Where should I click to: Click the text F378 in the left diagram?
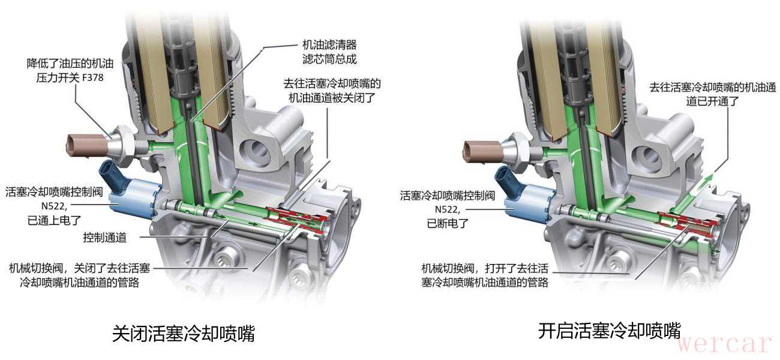pyautogui.click(x=92, y=77)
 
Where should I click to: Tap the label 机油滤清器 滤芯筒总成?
pyautogui.click(x=329, y=52)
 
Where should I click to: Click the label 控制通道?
pyautogui.click(x=104, y=238)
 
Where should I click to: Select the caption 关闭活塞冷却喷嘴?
pyautogui.click(x=184, y=333)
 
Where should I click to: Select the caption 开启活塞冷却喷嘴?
pyautogui.click(x=610, y=331)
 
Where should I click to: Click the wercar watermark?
pyautogui.click(x=724, y=344)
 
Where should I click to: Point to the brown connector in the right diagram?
pyautogui.click(x=483, y=151)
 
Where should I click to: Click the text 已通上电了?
pyautogui.click(x=55, y=220)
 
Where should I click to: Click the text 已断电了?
pyautogui.click(x=448, y=223)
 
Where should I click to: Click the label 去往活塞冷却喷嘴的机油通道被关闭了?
pyautogui.click(x=331, y=91)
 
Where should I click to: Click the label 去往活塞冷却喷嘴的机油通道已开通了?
pyautogui.click(x=712, y=94)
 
